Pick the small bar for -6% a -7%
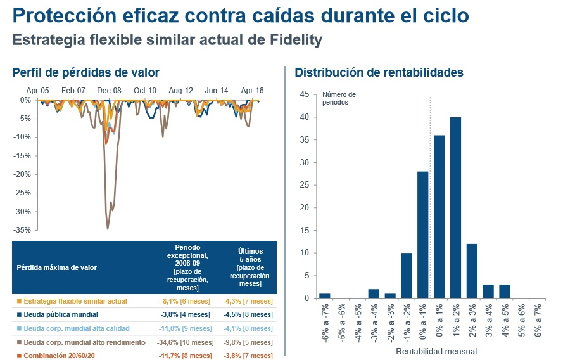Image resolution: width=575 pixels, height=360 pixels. (x=325, y=295)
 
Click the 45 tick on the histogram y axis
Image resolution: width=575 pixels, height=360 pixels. (x=305, y=94)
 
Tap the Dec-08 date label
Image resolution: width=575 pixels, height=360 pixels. (x=109, y=91)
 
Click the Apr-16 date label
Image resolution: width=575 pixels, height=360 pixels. (x=252, y=91)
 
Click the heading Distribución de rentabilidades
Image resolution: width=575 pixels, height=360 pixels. (x=379, y=73)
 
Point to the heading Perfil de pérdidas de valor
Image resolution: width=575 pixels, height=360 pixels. (x=85, y=73)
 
